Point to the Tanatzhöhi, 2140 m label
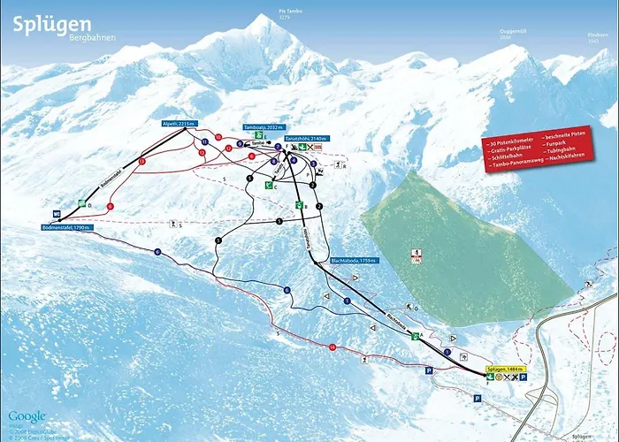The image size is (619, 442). [x=309, y=139]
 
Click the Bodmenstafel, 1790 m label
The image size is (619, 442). [x=66, y=227]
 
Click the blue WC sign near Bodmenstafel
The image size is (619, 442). [x=57, y=214]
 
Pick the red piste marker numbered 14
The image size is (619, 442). [x=332, y=347]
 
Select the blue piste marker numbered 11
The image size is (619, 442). [x=204, y=141]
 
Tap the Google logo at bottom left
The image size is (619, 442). [x=27, y=415]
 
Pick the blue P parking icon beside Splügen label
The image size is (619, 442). [x=523, y=377]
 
